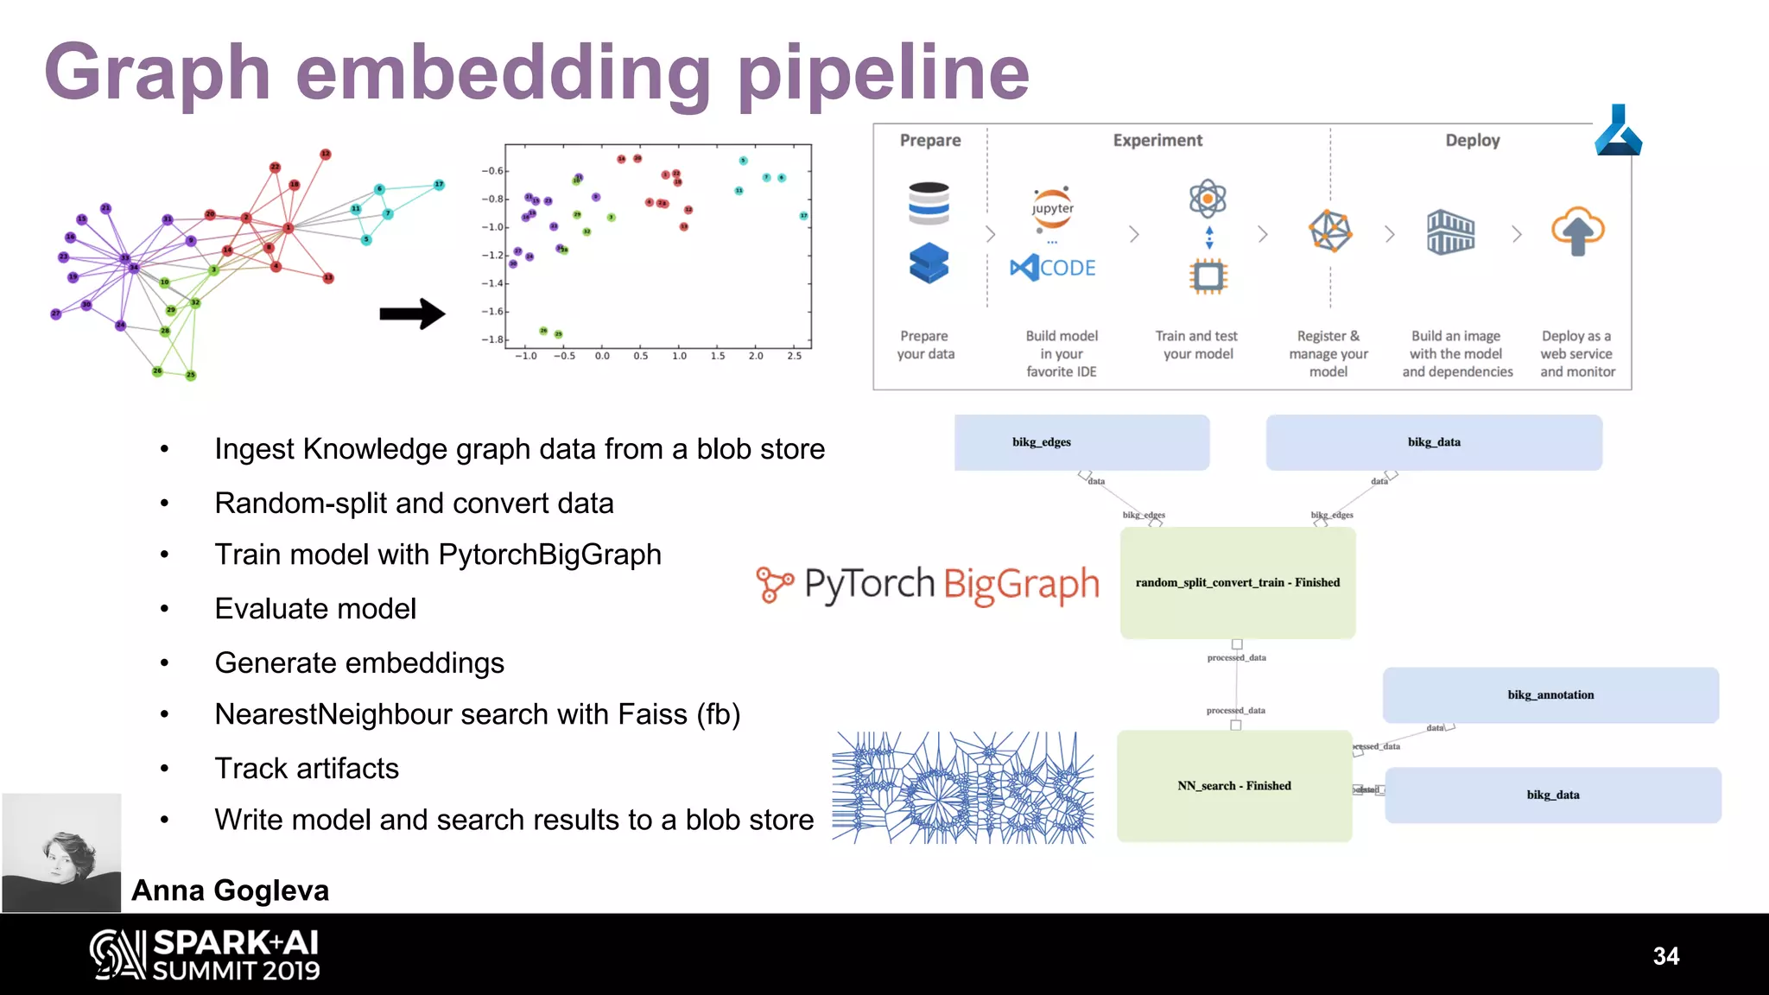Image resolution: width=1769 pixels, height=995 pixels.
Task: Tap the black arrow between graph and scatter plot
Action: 412,314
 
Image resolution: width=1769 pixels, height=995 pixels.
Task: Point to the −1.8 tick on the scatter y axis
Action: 493,339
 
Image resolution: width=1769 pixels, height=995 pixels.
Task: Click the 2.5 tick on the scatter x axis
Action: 795,356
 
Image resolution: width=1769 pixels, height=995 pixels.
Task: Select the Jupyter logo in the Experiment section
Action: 1053,209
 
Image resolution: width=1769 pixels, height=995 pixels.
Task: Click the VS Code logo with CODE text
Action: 1053,268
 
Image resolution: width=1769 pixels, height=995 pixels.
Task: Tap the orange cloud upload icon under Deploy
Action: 1577,231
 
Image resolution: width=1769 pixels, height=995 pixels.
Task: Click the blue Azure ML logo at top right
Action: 1618,131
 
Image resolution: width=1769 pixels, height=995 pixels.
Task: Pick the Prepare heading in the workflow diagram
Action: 929,140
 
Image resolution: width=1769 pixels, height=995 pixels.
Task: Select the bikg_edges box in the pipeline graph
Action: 1081,442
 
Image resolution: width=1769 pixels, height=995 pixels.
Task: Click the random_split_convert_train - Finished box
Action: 1237,583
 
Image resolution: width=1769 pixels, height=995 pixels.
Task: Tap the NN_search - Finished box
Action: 1233,786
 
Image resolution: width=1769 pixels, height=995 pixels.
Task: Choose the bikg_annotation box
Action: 1550,695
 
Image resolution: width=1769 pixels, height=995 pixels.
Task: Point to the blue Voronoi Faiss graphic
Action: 962,788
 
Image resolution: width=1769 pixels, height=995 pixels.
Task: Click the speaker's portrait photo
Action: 62,853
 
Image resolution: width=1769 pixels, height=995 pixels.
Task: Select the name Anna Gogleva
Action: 230,890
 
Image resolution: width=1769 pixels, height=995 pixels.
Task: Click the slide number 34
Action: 1665,956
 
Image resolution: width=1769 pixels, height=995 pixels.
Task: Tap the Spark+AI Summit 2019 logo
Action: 206,955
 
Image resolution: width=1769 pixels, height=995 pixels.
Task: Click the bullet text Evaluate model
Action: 315,609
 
